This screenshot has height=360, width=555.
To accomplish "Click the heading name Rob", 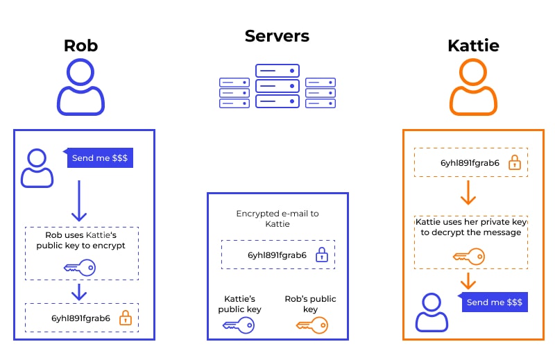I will click(x=80, y=46).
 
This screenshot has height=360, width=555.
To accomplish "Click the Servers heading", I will click(x=277, y=36).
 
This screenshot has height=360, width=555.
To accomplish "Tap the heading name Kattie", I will click(x=473, y=46).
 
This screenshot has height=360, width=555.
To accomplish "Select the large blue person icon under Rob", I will click(x=80, y=87).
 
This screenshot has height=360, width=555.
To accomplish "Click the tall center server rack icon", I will click(x=277, y=86).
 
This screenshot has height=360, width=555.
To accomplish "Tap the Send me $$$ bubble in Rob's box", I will click(x=100, y=158).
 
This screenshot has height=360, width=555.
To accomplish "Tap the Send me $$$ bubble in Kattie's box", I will click(x=495, y=302).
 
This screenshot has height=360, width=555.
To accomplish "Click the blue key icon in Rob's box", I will click(x=79, y=268).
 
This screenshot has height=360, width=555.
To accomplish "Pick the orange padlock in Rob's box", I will click(x=125, y=318).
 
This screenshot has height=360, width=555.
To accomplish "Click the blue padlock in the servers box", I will click(x=321, y=255).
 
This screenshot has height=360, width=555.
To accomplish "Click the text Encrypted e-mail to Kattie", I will click(x=277, y=219).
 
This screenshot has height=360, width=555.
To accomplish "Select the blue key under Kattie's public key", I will click(x=239, y=325).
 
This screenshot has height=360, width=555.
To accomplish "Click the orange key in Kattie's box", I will click(x=469, y=257).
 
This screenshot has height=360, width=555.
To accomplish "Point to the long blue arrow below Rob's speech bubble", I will click(x=80, y=201).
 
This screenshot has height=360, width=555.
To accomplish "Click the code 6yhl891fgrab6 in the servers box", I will click(x=277, y=255).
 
